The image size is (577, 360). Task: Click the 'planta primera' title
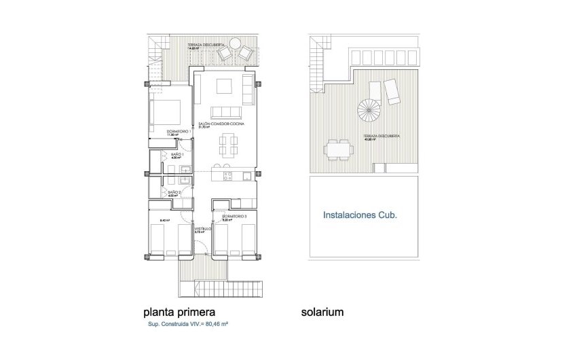pos(179,312)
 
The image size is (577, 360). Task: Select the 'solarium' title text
pos(322,312)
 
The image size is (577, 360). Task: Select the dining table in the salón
pos(227,145)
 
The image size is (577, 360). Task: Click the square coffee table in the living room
pos(225,86)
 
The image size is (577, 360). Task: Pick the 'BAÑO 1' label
pos(175,156)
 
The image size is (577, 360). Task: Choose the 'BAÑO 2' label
pos(174,192)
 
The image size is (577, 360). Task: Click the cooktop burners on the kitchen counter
pos(229,177)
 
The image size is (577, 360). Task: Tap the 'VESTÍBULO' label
pos(203,229)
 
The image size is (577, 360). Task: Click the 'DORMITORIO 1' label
pos(177,130)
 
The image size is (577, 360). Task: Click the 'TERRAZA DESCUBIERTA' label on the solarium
pos(381,136)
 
